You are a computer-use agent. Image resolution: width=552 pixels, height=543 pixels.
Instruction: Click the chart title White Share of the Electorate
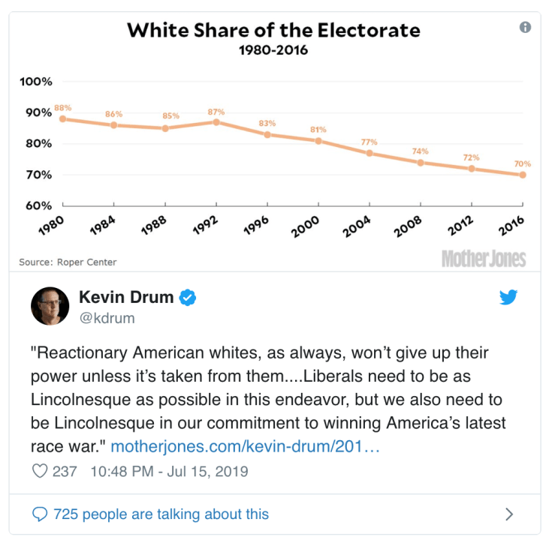[273, 31]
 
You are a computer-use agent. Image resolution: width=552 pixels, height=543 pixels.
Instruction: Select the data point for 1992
[216, 121]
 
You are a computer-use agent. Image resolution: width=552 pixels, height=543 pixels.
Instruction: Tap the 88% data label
[62, 108]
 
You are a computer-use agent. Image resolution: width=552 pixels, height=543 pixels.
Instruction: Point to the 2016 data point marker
[523, 175]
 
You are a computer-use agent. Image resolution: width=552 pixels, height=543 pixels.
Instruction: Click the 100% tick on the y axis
[36, 82]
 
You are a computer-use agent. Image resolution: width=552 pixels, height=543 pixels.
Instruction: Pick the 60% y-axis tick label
[36, 205]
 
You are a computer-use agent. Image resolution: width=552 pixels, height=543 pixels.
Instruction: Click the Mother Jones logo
[484, 259]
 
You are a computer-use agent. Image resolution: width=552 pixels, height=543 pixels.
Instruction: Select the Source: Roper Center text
[68, 262]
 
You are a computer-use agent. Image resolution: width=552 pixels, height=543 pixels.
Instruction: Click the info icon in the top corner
[525, 27]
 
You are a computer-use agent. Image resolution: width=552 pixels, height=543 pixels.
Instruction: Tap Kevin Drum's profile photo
[50, 306]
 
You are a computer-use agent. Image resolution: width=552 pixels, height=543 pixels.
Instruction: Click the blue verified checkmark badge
[188, 298]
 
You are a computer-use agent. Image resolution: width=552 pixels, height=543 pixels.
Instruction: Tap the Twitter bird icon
[508, 297]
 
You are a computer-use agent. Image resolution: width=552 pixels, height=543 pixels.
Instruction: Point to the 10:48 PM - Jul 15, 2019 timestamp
[168, 472]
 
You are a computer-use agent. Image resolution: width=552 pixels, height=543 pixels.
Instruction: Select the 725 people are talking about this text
[161, 514]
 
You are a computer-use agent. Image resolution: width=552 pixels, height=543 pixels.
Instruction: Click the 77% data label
[369, 142]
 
